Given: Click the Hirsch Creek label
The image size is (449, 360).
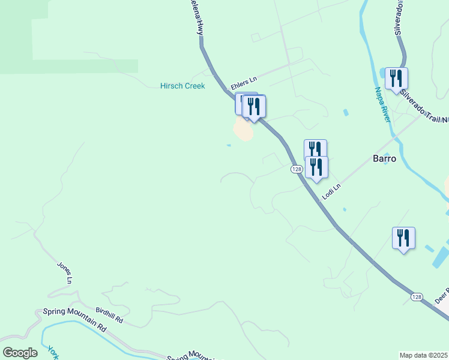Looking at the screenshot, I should tap(182, 86).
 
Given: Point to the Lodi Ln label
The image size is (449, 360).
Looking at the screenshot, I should tap(331, 191).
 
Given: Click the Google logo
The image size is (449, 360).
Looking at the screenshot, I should tap(20, 352).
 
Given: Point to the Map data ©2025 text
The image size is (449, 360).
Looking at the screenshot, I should tap(424, 355).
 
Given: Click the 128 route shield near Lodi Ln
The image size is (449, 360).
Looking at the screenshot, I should tap(297, 170).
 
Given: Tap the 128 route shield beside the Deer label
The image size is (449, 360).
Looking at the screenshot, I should tap(417, 296).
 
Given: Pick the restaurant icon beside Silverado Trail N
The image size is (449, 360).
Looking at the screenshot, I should tap(396, 78).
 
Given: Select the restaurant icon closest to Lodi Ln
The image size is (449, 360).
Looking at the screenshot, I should tap(316, 167).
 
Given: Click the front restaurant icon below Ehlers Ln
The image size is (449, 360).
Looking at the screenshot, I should tap(254, 107).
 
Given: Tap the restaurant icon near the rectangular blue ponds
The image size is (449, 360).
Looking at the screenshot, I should tap(403, 238).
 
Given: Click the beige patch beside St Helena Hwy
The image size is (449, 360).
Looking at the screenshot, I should tap(243, 129).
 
